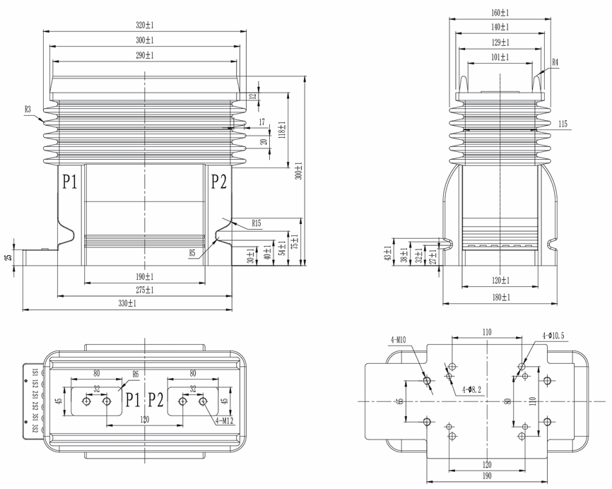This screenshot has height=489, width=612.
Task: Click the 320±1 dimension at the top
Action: pos(145,25)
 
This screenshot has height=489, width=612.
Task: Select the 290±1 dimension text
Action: pos(145,54)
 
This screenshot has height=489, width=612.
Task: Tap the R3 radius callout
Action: pos(28,109)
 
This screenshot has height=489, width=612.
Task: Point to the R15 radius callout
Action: pos(256,224)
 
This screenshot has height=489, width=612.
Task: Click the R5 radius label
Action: pos(192,252)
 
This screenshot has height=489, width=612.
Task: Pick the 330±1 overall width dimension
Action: pos(127,303)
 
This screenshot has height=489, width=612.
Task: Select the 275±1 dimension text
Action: pos(145,290)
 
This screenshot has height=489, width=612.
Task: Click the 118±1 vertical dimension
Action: pos(281,130)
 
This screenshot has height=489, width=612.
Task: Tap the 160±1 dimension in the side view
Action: pos(500,13)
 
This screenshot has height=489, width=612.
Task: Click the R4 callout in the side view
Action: pos(555,62)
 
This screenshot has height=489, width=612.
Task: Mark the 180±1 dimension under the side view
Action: pos(500,298)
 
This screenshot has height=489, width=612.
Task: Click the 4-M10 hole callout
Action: pos(397,340)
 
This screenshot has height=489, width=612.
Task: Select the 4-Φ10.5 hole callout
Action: pos(553,335)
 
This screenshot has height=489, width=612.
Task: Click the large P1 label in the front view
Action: pos(69,182)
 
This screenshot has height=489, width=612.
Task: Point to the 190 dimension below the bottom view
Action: pos(487,476)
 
